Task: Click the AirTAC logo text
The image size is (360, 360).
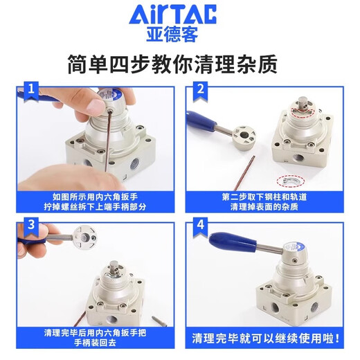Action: pos(179,15)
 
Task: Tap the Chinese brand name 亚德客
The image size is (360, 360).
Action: pos(179,34)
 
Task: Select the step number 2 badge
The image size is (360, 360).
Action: pos(201,89)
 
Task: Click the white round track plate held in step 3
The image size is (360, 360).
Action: pos(87,239)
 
